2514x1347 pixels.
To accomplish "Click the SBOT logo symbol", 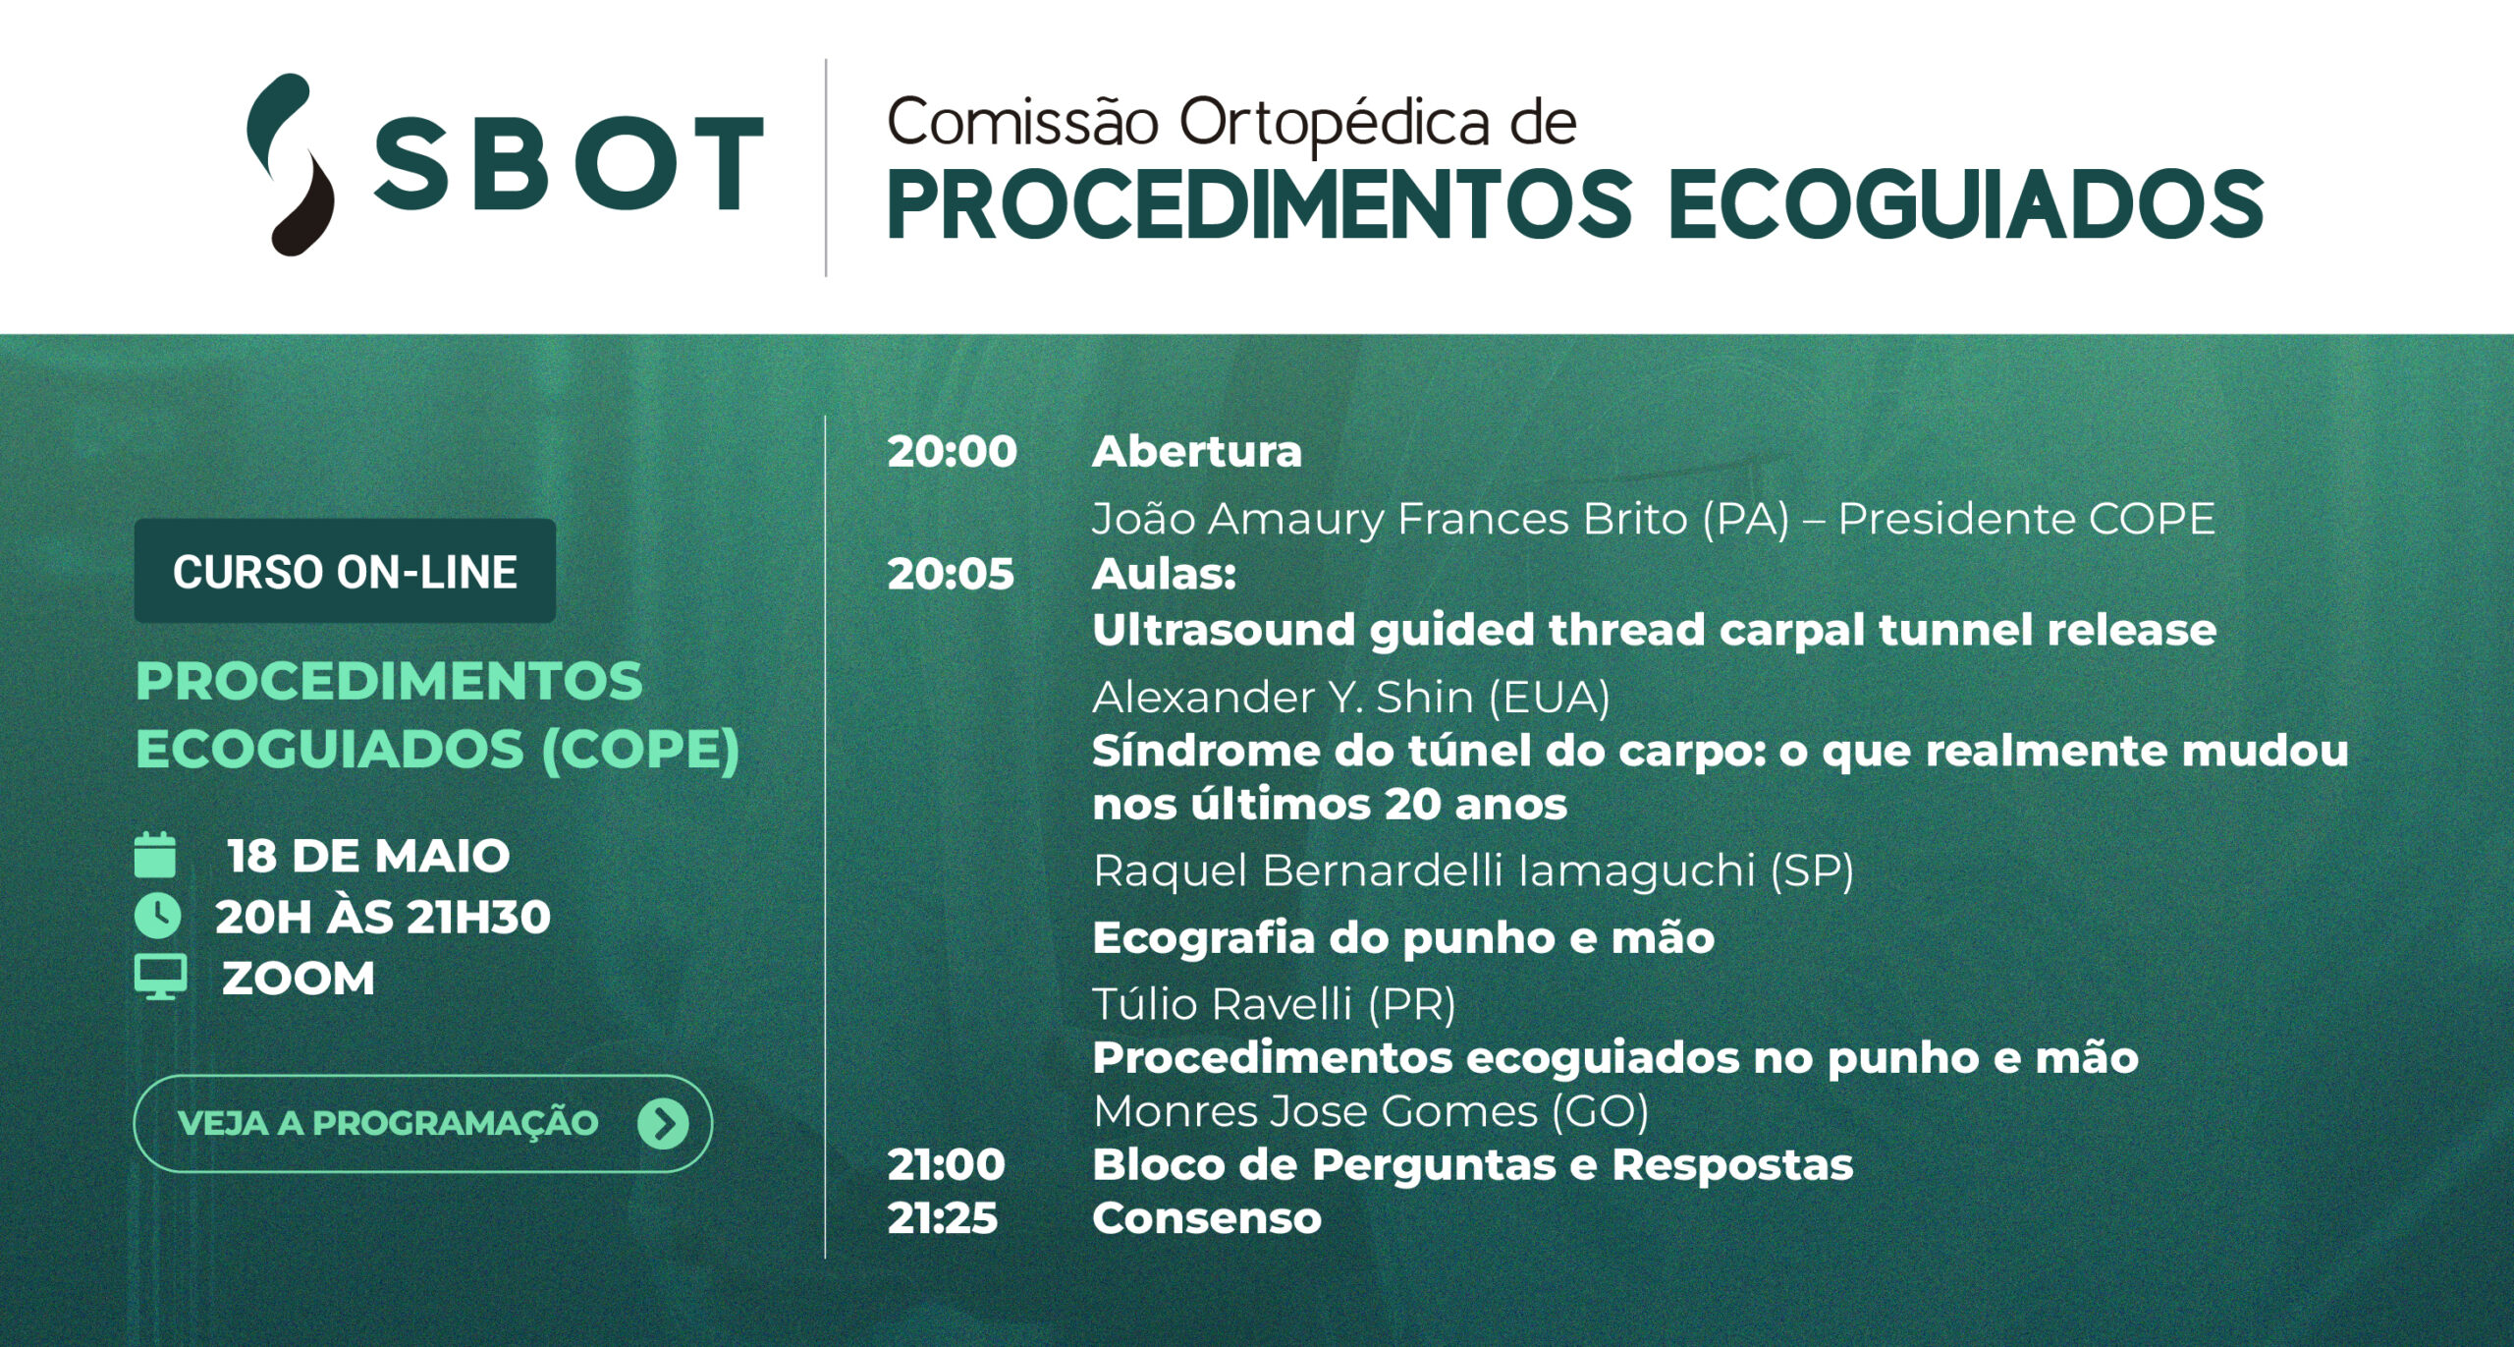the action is pyautogui.click(x=290, y=164).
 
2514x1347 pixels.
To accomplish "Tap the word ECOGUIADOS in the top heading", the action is pyautogui.click(x=1966, y=204).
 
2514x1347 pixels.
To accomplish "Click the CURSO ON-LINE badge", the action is pyautogui.click(x=345, y=571).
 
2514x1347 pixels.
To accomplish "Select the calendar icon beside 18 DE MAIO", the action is pyautogui.click(x=155, y=855).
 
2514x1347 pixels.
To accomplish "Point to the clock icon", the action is pyautogui.click(x=157, y=916).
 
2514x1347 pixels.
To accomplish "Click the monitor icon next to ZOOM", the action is pyautogui.click(x=160, y=978).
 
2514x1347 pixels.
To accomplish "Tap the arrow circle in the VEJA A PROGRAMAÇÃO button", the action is pyautogui.click(x=663, y=1123).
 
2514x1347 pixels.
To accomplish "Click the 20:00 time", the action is pyautogui.click(x=952, y=452).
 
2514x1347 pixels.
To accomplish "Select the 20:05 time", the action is pyautogui.click(x=951, y=575).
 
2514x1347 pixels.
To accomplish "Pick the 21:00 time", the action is pyautogui.click(x=947, y=1165).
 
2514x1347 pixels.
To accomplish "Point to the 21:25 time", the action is pyautogui.click(x=943, y=1218).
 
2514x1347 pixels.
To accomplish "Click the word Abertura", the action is pyautogui.click(x=1197, y=452).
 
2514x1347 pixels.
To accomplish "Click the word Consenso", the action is pyautogui.click(x=1207, y=1218).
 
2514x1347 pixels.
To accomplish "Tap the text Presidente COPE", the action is pyautogui.click(x=2027, y=519).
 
